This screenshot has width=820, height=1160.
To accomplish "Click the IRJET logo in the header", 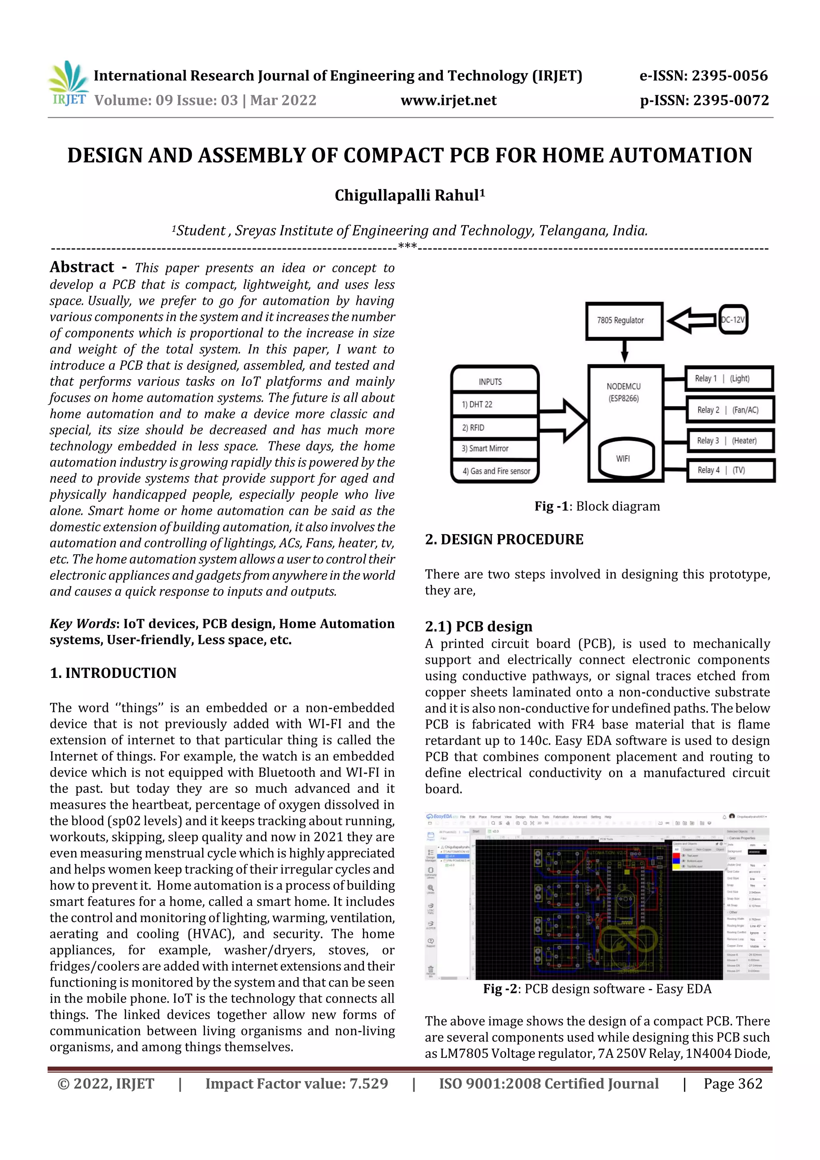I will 68,84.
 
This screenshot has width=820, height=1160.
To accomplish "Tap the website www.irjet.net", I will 448,101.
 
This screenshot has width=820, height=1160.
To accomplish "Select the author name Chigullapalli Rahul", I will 409,195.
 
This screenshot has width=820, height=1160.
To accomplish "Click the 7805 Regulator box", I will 623,320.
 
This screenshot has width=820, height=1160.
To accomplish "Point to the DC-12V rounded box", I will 733,319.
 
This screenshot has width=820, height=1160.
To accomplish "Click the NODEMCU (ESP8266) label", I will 623,392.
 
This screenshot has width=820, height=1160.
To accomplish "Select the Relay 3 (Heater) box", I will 730,440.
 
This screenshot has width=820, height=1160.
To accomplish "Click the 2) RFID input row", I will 494,427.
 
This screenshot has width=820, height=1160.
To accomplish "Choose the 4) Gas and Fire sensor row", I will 496,471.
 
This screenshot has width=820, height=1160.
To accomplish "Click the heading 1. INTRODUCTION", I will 113,673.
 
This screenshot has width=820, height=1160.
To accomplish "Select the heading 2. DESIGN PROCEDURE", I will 504,540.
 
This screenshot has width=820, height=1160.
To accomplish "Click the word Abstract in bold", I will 82,267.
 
